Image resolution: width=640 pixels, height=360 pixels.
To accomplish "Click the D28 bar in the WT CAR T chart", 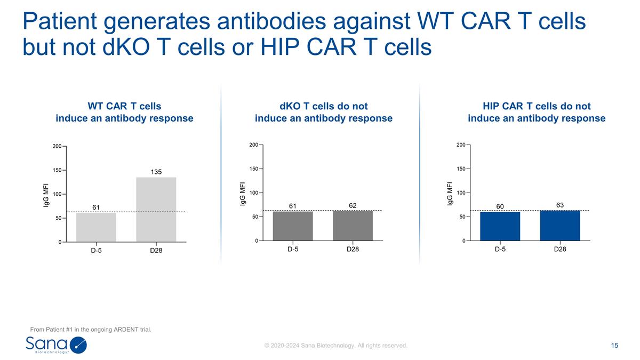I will click(156, 210).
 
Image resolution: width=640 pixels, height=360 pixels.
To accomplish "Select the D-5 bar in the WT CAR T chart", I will click(96, 227).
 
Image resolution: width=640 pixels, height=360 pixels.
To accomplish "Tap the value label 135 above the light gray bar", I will click(156, 172).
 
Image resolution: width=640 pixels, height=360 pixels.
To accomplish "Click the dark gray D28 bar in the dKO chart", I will click(353, 226).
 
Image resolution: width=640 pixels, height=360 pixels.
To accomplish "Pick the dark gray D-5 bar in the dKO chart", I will click(293, 226).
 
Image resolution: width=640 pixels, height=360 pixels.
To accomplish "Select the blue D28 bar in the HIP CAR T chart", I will click(559, 226).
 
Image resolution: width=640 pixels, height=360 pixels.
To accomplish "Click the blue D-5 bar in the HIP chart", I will click(500, 226).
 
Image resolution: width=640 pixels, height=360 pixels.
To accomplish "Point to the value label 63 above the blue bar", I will click(560, 205).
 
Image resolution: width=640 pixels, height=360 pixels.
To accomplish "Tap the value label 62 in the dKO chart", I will click(353, 205).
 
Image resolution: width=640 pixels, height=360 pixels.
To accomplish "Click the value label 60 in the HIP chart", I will click(500, 206).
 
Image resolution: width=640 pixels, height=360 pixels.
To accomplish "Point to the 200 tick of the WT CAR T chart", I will click(57, 146).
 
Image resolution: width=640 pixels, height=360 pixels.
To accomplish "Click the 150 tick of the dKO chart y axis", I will click(253, 169).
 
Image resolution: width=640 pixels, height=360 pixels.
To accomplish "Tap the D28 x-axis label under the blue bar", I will click(560, 249).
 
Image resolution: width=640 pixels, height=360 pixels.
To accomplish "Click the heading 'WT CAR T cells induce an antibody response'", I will click(124, 112).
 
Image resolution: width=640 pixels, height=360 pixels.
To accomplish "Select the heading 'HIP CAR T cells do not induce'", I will click(536, 112).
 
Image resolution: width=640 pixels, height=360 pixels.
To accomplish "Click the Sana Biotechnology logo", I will click(56, 345).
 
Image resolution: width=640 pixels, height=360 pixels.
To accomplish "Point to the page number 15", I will click(614, 346).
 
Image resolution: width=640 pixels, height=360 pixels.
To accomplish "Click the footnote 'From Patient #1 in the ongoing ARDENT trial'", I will click(90, 329).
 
